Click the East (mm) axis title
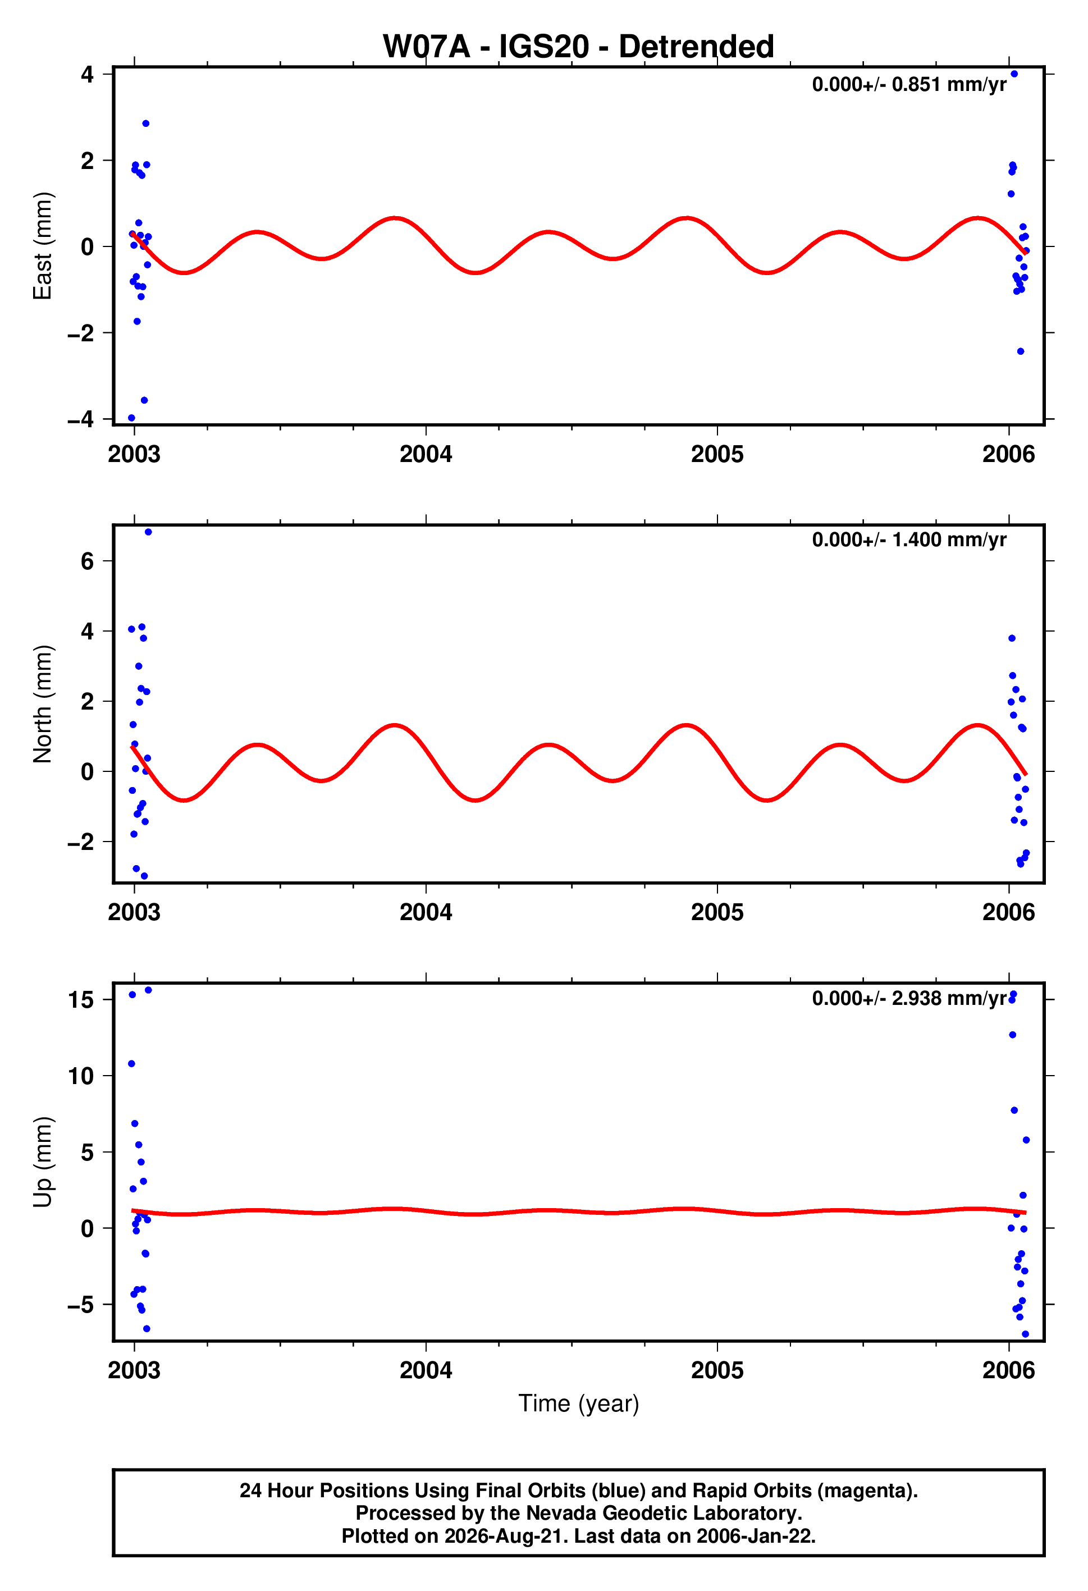point(43,246)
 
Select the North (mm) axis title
point(43,704)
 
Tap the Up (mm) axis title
point(43,1162)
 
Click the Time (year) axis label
point(579,1403)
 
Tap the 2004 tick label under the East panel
point(426,454)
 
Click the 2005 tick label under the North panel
point(717,912)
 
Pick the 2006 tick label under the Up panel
point(1009,1370)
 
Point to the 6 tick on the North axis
point(87,561)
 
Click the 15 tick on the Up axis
point(81,999)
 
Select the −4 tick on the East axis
point(81,418)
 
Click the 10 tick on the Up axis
point(81,1076)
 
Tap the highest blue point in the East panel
point(1014,74)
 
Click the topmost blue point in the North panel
point(148,532)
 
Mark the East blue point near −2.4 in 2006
point(1020,351)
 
